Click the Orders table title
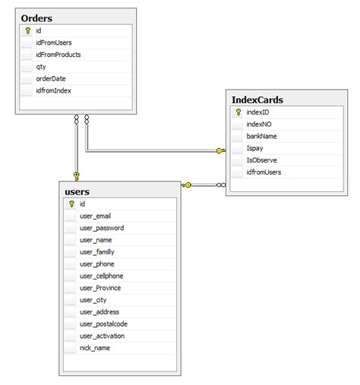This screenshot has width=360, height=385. (x=37, y=17)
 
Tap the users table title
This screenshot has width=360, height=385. (x=78, y=191)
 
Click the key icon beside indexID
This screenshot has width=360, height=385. (x=238, y=112)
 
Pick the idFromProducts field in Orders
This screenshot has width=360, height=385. (x=58, y=55)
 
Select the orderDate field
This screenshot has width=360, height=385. (x=51, y=79)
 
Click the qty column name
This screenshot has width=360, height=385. (x=41, y=67)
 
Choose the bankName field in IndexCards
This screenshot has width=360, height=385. (x=261, y=137)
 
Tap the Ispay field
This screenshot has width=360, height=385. (x=255, y=149)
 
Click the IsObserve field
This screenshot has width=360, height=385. (x=261, y=161)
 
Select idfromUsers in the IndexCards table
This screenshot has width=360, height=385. (x=264, y=173)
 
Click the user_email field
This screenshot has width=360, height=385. (x=95, y=216)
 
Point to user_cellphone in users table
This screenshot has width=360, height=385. (x=101, y=276)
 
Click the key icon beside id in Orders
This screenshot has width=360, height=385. (x=27, y=31)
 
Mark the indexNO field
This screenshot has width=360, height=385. (x=258, y=125)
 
